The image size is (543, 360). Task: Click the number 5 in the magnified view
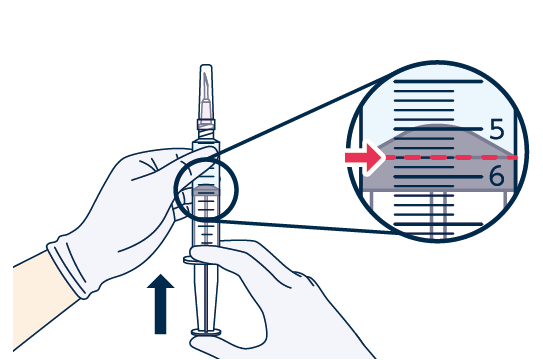[497, 129]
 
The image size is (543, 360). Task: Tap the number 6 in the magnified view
[497, 176]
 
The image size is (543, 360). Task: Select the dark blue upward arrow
[160, 304]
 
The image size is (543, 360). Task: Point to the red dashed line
[451, 158]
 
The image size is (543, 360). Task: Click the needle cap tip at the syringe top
[206, 66]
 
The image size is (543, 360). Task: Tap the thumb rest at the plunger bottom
[206, 333]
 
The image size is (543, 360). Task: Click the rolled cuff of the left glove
[68, 268]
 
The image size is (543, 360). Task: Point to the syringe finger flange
[189, 260]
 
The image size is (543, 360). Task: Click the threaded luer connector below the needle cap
[206, 130]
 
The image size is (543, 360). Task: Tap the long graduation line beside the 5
[438, 129]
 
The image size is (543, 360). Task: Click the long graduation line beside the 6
[438, 177]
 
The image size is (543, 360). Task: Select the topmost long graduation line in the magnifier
[438, 82]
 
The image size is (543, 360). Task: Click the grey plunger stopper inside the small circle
[206, 190]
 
